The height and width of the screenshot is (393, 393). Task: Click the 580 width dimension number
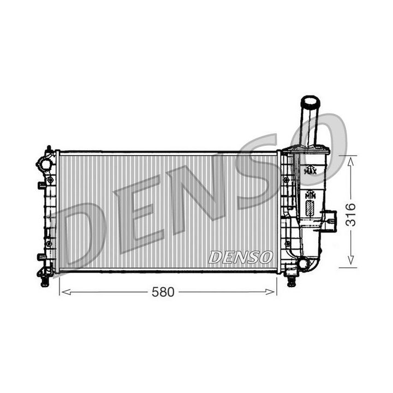[163, 293]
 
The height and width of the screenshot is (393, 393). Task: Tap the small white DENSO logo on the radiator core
[241, 257]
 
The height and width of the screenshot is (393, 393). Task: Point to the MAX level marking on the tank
[309, 171]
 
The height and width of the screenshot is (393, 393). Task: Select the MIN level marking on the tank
[310, 194]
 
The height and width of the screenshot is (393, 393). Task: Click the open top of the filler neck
[309, 101]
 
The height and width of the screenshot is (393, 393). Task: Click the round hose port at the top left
[44, 163]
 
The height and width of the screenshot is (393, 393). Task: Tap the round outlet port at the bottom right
[302, 264]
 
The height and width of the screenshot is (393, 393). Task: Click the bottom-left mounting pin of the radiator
[45, 281]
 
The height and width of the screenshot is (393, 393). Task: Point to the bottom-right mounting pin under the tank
[291, 282]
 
